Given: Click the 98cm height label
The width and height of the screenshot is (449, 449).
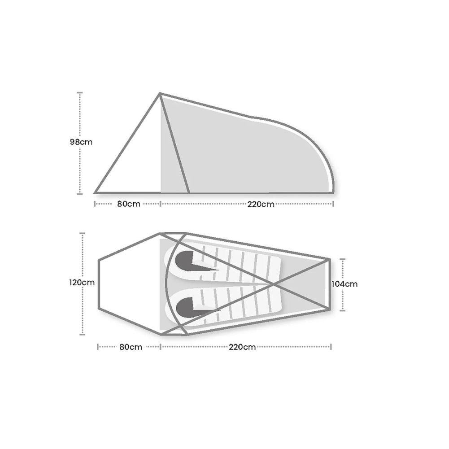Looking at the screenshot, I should (x=81, y=142).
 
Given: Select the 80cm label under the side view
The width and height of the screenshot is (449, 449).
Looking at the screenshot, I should (x=129, y=204).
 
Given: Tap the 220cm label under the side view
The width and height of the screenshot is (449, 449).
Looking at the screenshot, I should (x=261, y=204).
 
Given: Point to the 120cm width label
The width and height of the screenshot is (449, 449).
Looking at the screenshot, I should (x=82, y=283).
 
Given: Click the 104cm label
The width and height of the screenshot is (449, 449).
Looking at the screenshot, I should (x=344, y=283).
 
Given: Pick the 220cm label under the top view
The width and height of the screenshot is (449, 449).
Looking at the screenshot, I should (x=242, y=347).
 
